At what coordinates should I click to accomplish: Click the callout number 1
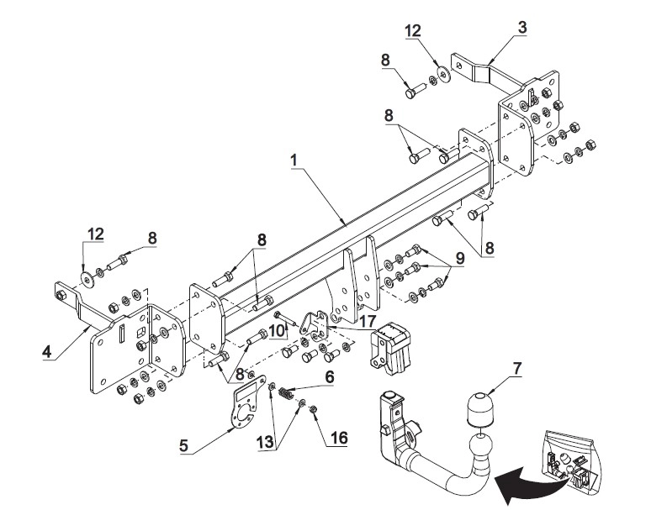pyautogui.click(x=294, y=160)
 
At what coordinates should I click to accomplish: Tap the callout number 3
pyautogui.click(x=522, y=28)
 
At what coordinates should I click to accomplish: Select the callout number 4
pyautogui.click(x=47, y=352)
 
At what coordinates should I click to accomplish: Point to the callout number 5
pyautogui.click(x=183, y=446)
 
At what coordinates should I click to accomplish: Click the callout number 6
pyautogui.click(x=330, y=376)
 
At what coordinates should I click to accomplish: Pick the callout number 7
pyautogui.click(x=516, y=368)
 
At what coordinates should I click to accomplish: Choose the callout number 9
pyautogui.click(x=460, y=258)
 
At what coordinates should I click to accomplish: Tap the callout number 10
pyautogui.click(x=277, y=331)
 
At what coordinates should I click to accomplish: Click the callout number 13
pyautogui.click(x=265, y=443)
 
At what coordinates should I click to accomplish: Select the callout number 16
pyautogui.click(x=339, y=438)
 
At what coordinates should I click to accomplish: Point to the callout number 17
pyautogui.click(x=367, y=322)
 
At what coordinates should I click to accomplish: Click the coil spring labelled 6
pyautogui.click(x=286, y=393)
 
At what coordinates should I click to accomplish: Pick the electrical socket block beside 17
pyautogui.click(x=390, y=349)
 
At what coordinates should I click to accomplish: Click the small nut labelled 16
pyautogui.click(x=313, y=409)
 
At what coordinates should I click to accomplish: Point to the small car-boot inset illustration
pyautogui.click(x=569, y=461)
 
